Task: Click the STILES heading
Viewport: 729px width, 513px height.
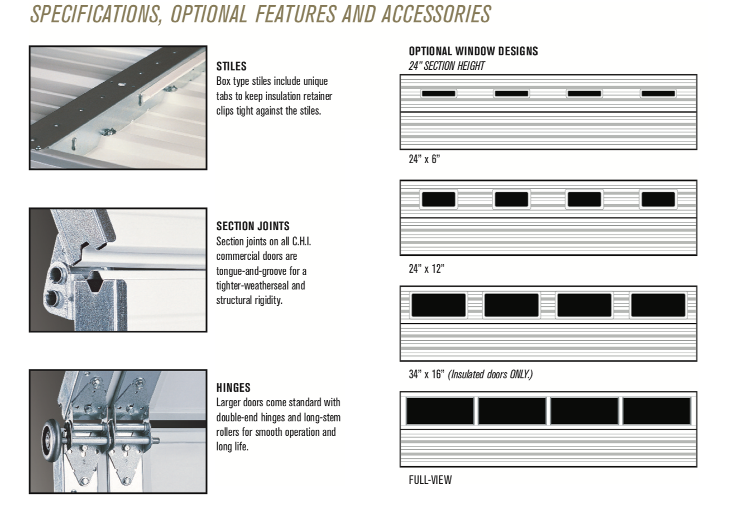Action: (232, 66)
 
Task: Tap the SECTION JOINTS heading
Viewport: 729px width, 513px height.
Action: (253, 226)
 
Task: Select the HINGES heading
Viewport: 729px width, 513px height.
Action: (233, 388)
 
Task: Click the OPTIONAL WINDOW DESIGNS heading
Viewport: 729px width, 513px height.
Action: (473, 51)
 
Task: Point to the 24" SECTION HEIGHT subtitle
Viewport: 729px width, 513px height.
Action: (447, 66)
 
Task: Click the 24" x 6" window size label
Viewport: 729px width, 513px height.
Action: (424, 159)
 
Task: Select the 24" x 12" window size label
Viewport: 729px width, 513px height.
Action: (426, 269)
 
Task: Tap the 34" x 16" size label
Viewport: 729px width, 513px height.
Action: (426, 374)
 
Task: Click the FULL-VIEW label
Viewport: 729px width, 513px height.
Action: (430, 480)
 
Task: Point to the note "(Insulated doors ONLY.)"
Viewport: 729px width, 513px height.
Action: (490, 374)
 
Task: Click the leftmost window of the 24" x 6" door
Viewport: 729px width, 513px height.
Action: (438, 94)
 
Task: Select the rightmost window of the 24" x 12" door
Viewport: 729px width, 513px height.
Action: (658, 199)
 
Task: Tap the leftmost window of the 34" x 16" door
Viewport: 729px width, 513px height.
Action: (438, 305)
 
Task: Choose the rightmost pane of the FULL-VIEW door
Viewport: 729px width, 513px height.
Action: (657, 411)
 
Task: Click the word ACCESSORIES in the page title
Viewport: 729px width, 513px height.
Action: (436, 15)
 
